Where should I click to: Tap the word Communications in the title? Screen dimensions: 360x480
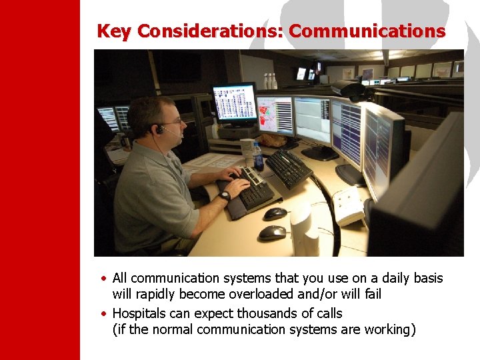point(367,31)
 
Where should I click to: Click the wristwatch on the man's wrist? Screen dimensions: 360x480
point(225,196)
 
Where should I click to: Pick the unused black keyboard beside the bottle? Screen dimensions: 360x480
point(289,168)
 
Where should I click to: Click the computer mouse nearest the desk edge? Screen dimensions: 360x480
point(272,233)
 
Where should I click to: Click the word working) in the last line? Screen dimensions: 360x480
point(389,330)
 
